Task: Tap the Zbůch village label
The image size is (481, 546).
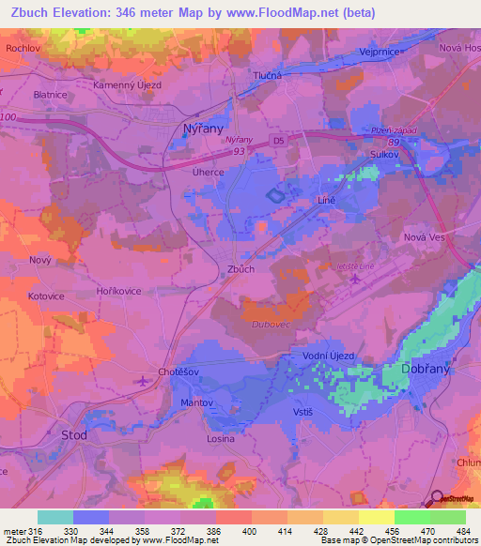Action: (x=241, y=269)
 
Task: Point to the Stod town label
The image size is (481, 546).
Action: (x=73, y=435)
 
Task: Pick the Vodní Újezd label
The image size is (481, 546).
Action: (x=329, y=356)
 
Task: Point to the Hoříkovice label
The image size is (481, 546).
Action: (x=118, y=292)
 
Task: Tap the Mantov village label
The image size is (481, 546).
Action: (x=198, y=402)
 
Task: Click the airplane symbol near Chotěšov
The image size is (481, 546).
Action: (x=142, y=380)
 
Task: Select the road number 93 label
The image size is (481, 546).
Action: (x=240, y=150)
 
